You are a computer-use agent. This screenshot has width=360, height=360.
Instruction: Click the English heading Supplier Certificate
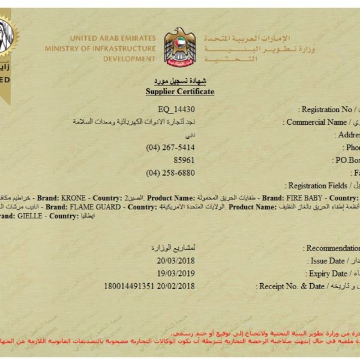(x=180, y=91)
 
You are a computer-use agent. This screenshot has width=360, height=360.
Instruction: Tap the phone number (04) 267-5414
(x=170, y=148)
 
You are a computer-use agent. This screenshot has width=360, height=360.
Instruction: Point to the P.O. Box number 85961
(x=184, y=160)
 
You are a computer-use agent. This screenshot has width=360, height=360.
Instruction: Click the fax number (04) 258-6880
(x=170, y=173)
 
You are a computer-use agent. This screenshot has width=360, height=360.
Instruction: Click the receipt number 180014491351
(x=129, y=286)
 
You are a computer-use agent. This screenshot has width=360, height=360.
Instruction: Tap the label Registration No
(x=329, y=110)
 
